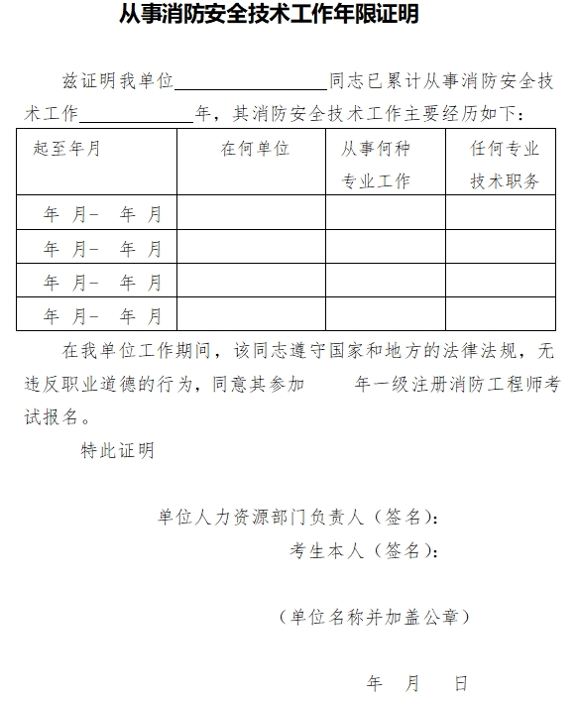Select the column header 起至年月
pos(66,149)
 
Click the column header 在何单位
pos(255,149)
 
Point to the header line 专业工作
pos(376,181)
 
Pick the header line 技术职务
pos(505,181)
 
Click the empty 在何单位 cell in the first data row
pos(251,213)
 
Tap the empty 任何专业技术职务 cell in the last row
pos(500,314)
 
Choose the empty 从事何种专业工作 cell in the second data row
pos(385,247)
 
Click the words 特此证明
pos(117,450)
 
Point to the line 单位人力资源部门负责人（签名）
pos(296,517)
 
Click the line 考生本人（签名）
pos(363,550)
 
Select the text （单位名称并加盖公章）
pos(375,617)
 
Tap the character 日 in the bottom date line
pos(460,683)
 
